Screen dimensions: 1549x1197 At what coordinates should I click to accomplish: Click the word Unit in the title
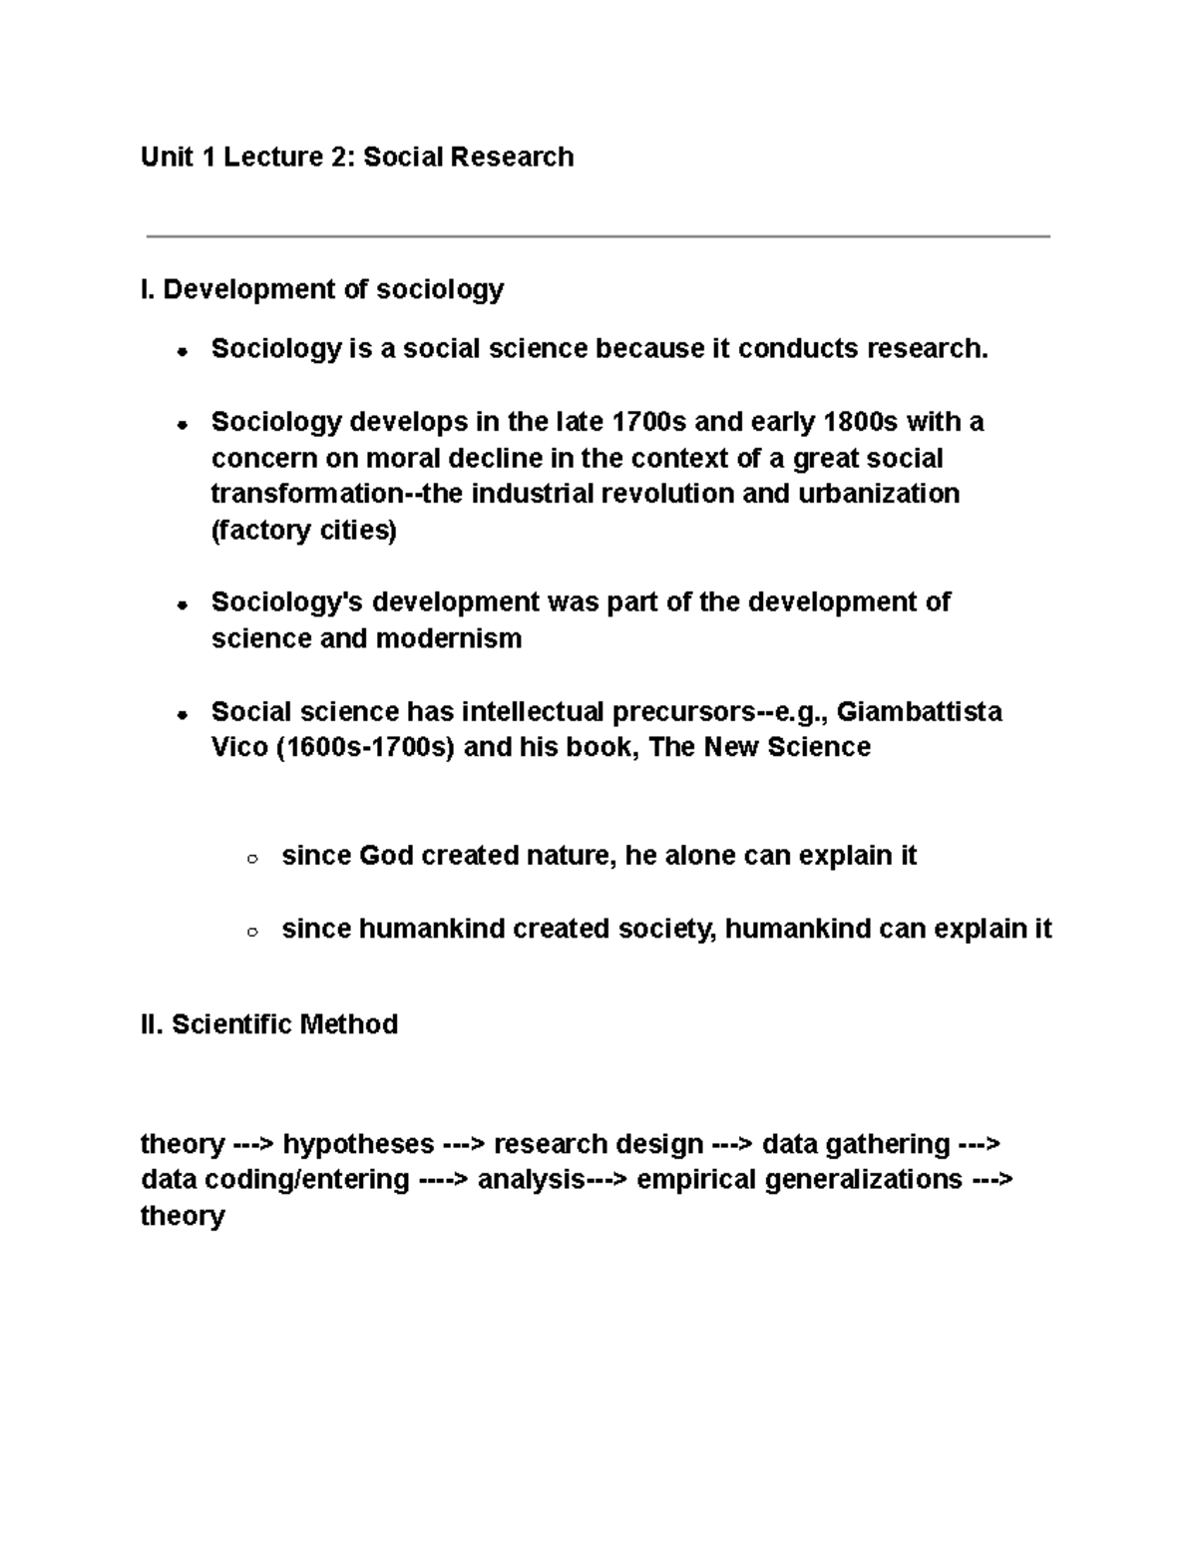coord(167,158)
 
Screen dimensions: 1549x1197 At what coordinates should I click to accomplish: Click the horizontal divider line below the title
coord(598,236)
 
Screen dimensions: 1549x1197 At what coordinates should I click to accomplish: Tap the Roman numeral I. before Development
coord(148,289)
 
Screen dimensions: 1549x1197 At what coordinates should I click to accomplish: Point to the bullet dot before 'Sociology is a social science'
coord(182,351)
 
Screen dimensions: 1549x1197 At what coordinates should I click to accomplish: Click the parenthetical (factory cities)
coord(303,530)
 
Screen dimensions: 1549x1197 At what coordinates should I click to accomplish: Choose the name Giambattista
coord(919,712)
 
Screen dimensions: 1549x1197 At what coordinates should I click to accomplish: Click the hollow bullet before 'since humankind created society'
coord(252,932)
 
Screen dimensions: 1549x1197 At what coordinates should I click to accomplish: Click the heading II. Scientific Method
coord(269,1024)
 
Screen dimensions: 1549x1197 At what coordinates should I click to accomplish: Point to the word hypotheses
coord(359,1143)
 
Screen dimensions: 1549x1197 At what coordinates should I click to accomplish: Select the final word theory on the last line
coord(183,1216)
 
